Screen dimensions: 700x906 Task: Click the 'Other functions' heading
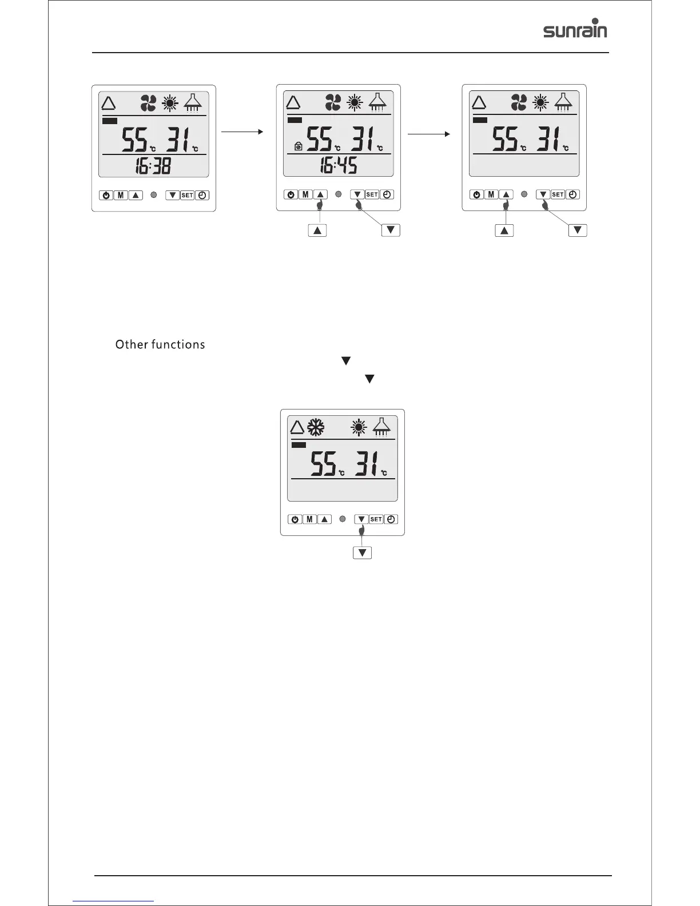click(x=160, y=344)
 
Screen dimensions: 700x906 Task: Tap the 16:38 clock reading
click(x=153, y=166)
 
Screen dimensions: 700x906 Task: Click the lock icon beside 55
click(x=297, y=147)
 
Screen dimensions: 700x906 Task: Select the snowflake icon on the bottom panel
click(x=316, y=427)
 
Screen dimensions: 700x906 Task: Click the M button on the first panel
click(x=121, y=195)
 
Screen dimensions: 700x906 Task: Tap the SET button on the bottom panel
click(x=376, y=519)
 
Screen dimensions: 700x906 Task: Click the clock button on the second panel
click(x=387, y=194)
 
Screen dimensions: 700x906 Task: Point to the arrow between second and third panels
click(x=427, y=134)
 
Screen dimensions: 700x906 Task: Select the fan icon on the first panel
click(x=148, y=104)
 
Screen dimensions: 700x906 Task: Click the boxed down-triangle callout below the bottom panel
click(x=363, y=553)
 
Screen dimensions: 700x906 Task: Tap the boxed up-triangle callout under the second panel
click(x=317, y=230)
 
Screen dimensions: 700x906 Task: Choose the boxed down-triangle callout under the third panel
click(x=578, y=230)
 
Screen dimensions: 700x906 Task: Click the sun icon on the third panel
click(x=539, y=102)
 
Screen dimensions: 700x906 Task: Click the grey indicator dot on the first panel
click(x=153, y=195)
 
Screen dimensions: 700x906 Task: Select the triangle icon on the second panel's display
click(x=293, y=103)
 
